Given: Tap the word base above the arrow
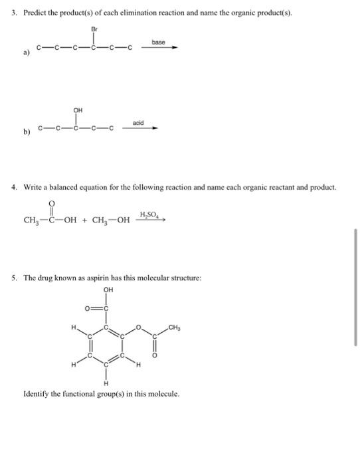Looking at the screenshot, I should coord(158,42).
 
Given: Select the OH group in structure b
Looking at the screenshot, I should coord(78,111).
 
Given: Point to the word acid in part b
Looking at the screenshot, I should coord(137,123).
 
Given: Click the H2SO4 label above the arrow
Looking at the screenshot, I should coord(149,213).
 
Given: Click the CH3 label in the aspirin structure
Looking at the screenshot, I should coord(175,326).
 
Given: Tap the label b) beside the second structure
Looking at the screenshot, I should coord(27,132).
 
